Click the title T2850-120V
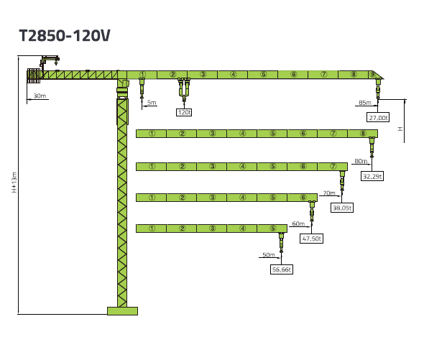(x=65, y=35)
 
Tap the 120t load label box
(x=184, y=112)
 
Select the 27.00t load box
(x=378, y=118)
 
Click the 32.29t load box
(x=372, y=176)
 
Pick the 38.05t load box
(x=342, y=208)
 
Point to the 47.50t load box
(x=311, y=239)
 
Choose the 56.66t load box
(x=282, y=269)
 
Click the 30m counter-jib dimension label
(x=40, y=96)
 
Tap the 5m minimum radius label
(x=152, y=103)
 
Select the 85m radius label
(x=365, y=103)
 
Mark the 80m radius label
(x=361, y=161)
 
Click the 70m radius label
(x=329, y=193)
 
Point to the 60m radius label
(x=298, y=223)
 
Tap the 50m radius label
(x=269, y=255)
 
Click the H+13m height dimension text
(x=14, y=183)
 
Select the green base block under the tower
(x=122, y=311)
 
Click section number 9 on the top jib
(x=373, y=75)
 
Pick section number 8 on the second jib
(x=363, y=134)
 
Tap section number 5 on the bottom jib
(x=272, y=229)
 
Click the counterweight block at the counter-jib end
(x=34, y=75)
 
